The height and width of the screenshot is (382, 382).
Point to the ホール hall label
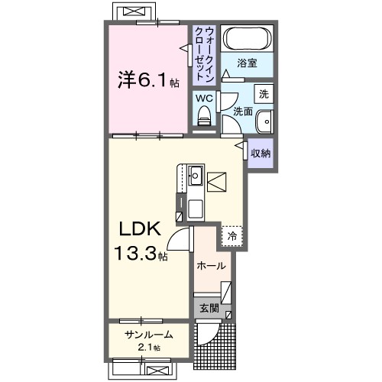210,266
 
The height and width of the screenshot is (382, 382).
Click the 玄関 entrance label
209,308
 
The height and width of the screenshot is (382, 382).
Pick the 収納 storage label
261,152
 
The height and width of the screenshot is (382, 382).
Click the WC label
203,97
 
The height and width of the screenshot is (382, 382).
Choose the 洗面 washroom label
242,112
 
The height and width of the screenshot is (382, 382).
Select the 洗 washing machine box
264,95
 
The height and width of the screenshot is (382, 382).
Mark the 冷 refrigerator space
232,236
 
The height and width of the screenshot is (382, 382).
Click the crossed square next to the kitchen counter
218,182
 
